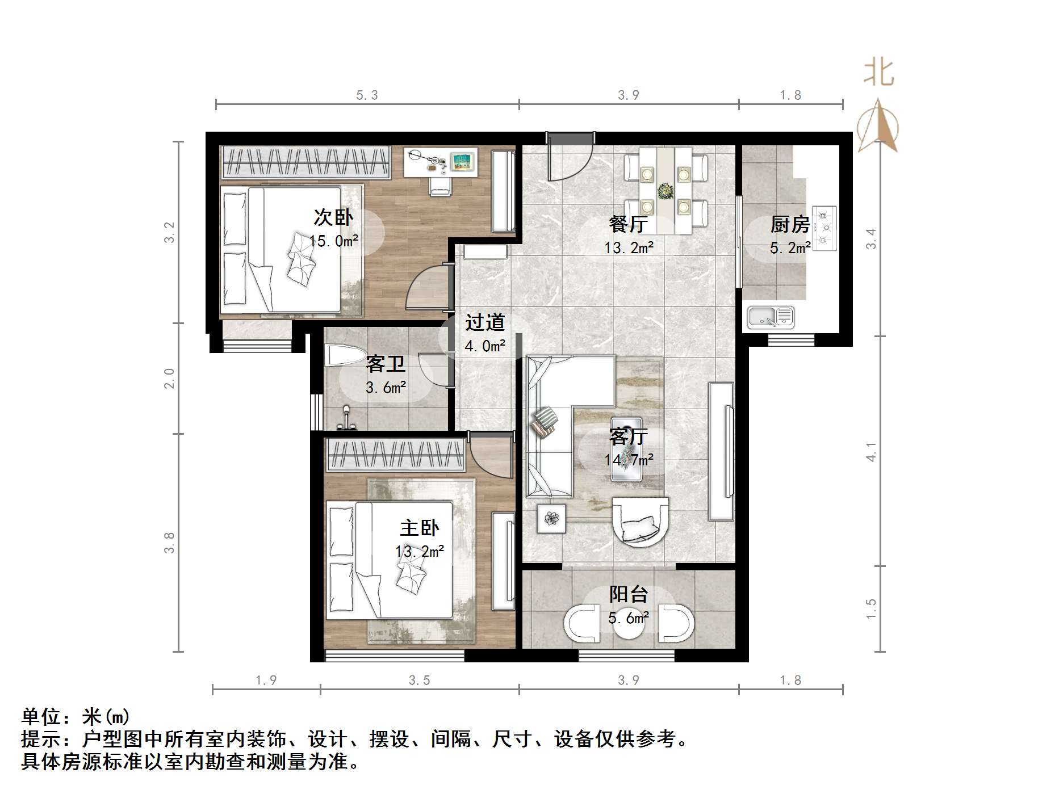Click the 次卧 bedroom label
coord(333,217)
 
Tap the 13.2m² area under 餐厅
coord(629,247)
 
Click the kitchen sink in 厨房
coord(770,317)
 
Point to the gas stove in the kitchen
coord(824,229)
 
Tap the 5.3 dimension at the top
coord(367,95)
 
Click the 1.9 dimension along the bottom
coord(266,680)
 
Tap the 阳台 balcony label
coord(629,594)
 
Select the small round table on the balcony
coord(629,623)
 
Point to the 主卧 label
coord(419,528)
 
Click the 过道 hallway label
coord(484,322)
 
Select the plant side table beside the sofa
coord(551,518)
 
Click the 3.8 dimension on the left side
coord(169,543)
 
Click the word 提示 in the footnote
coord(41,739)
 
